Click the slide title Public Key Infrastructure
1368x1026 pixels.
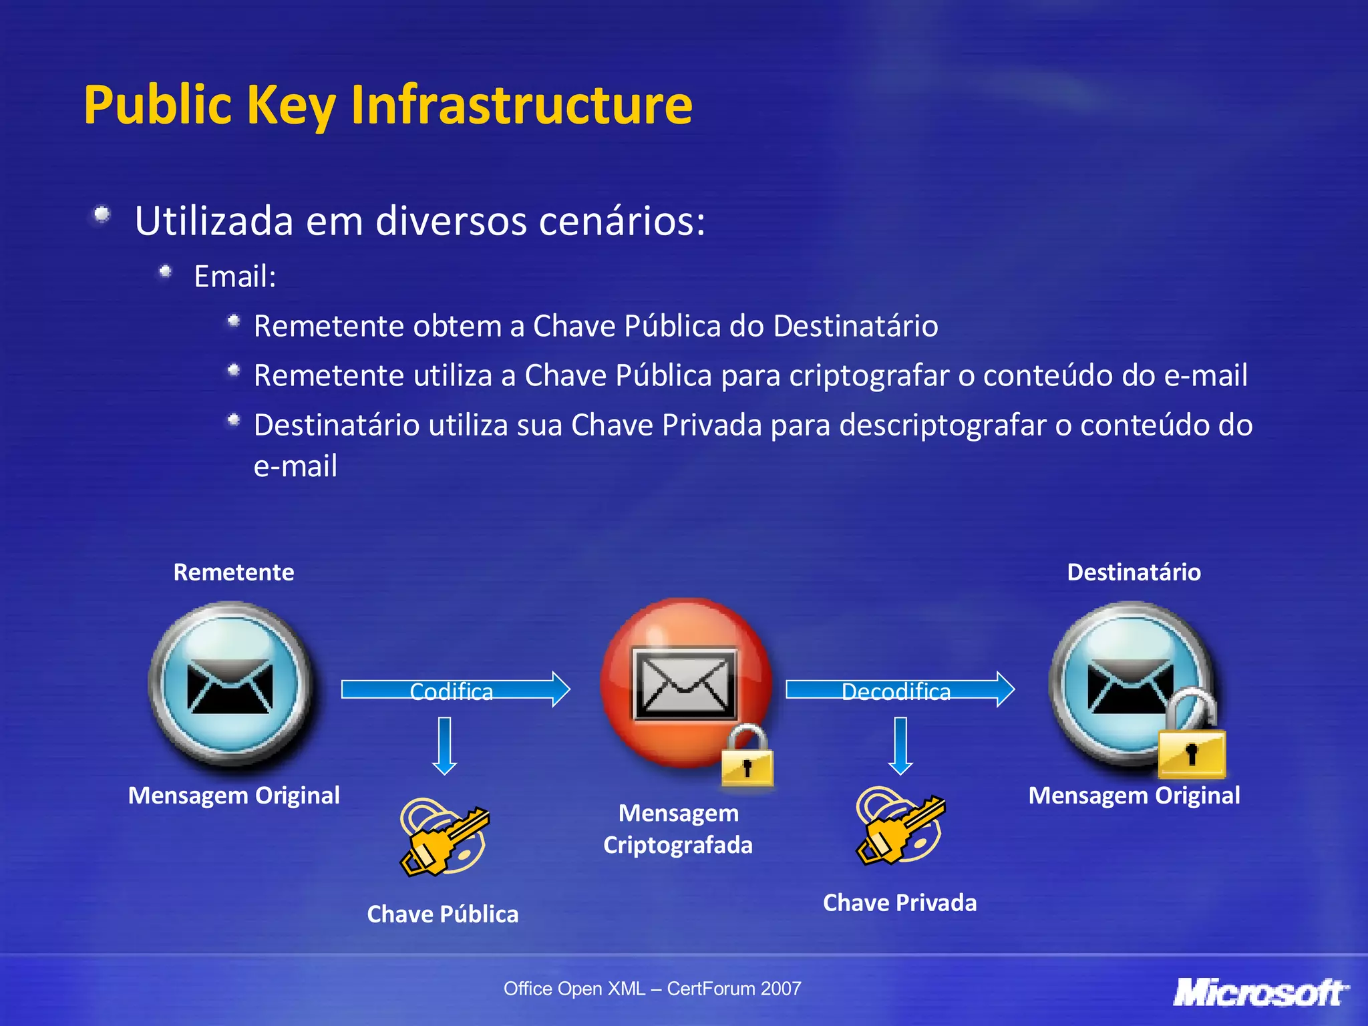point(388,105)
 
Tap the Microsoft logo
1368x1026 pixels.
point(1260,993)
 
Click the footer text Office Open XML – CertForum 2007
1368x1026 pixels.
point(652,989)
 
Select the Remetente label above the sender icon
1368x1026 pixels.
point(233,572)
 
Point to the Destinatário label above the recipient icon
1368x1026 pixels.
point(1134,572)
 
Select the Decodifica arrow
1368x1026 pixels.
point(899,690)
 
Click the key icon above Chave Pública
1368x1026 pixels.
point(444,837)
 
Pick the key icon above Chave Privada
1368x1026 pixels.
point(900,826)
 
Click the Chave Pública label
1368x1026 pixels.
point(442,914)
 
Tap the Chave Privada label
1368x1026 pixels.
point(899,902)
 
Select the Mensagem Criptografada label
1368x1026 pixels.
point(678,829)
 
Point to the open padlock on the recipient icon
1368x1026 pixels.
point(1192,738)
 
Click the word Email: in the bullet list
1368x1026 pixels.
point(234,277)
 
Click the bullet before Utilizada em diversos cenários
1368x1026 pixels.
point(102,215)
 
